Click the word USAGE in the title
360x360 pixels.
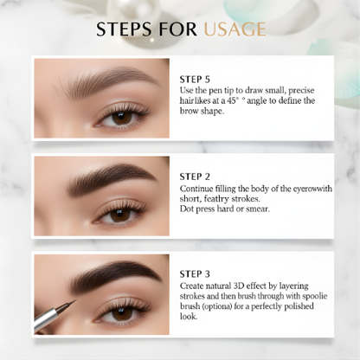235,29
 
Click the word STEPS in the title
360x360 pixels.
125,29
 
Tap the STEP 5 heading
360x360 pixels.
195,80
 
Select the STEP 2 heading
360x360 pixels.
195,177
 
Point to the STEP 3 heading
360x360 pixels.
195,273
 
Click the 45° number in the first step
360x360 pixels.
234,100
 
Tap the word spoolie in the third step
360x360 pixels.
315,297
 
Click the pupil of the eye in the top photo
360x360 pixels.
122,118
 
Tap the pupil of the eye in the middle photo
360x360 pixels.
120,215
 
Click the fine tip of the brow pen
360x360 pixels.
76,300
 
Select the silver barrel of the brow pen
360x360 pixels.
45,318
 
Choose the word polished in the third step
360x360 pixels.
299,306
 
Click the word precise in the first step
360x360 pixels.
301,91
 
